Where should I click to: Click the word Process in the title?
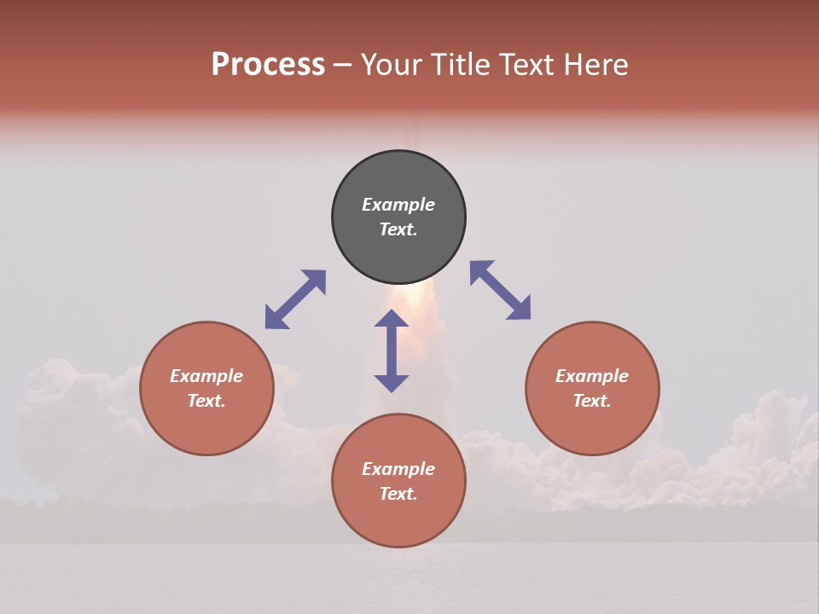(x=268, y=65)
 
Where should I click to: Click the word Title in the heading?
(x=456, y=65)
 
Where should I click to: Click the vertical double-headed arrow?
(x=392, y=350)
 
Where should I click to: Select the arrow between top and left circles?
(x=295, y=299)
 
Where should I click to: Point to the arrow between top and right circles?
(x=500, y=290)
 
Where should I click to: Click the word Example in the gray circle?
(x=398, y=205)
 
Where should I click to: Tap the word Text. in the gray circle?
(x=398, y=229)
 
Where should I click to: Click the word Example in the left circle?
(x=206, y=376)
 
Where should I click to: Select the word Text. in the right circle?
(x=592, y=401)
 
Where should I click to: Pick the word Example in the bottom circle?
(x=398, y=469)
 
